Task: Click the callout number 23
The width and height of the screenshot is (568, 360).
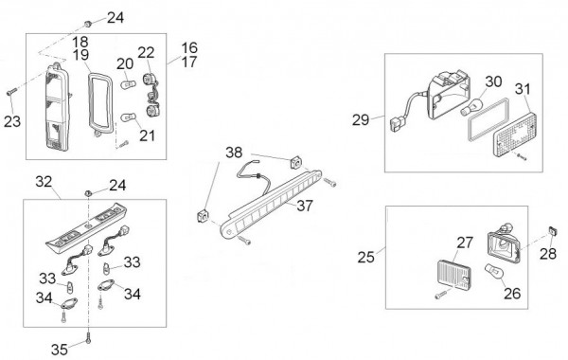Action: pyautogui.click(x=12, y=121)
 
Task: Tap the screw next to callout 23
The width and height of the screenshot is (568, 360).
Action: pyautogui.click(x=11, y=92)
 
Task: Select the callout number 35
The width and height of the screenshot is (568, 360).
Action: pyautogui.click(x=60, y=350)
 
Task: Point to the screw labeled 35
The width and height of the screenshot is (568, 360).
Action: pyautogui.click(x=88, y=338)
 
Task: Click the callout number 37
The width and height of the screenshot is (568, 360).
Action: pyautogui.click(x=305, y=206)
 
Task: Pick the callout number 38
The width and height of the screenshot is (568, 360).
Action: pyautogui.click(x=234, y=153)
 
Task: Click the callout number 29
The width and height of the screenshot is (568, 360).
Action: pyautogui.click(x=361, y=120)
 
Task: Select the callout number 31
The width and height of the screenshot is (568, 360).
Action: pyautogui.click(x=523, y=89)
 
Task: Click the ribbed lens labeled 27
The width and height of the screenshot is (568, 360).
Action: pyautogui.click(x=454, y=274)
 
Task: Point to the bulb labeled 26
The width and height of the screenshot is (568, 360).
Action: pyautogui.click(x=493, y=272)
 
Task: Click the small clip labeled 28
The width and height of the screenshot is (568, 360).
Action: pyautogui.click(x=552, y=230)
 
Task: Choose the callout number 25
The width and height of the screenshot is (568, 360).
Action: pyautogui.click(x=365, y=257)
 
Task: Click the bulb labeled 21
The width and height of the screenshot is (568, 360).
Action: pyautogui.click(x=128, y=117)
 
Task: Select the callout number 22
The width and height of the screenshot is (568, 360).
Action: pyautogui.click(x=146, y=53)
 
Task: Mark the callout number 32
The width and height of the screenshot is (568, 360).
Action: pyautogui.click(x=44, y=182)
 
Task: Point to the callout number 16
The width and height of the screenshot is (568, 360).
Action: pyautogui.click(x=189, y=48)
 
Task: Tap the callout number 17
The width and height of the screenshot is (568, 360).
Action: pyautogui.click(x=189, y=62)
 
